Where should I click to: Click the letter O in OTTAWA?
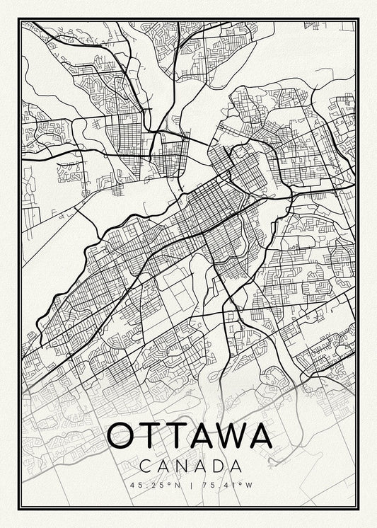point(121,435)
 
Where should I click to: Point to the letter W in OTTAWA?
point(229,435)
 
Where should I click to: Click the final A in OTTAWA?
point(260,435)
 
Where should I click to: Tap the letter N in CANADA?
point(180,466)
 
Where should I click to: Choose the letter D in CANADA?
point(216,466)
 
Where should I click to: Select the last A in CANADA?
point(235,466)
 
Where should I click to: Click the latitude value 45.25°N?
point(155,485)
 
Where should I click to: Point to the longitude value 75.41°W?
point(224,485)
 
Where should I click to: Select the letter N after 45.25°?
point(177,485)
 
